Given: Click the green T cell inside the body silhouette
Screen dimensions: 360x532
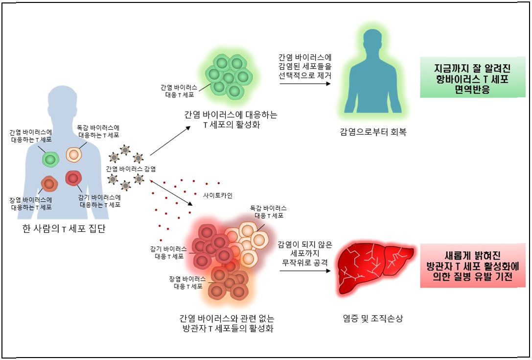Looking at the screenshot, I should (50, 159).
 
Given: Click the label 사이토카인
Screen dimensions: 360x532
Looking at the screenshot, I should (217, 195).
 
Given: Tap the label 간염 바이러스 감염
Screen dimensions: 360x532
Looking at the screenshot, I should (131, 169).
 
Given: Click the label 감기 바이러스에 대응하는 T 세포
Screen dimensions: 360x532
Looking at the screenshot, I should (100, 201).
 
